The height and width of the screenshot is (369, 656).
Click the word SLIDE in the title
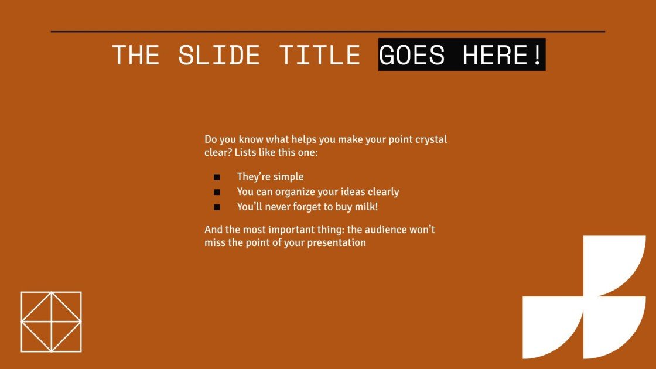[219, 55]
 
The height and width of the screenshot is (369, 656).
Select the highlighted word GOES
[412, 55]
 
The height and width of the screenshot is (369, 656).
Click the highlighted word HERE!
[503, 55]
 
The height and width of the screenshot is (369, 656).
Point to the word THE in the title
[135, 55]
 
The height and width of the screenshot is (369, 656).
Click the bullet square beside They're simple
[217, 177]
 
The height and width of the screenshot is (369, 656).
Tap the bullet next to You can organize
[217, 192]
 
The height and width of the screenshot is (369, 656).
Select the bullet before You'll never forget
[217, 207]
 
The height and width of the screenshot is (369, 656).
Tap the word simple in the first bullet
[288, 177]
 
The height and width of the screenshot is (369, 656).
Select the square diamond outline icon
[51, 322]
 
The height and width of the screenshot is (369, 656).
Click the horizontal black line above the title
[328, 32]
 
